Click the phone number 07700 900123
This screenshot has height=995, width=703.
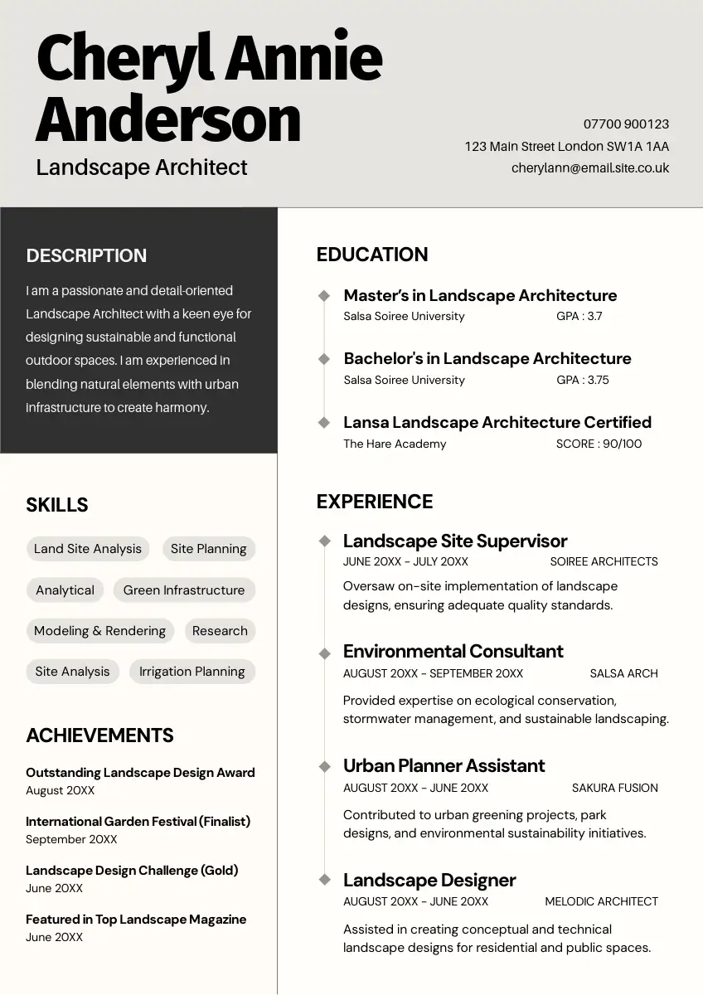[626, 124]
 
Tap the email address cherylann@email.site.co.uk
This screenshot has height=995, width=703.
[589, 168]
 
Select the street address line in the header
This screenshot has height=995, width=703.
[566, 147]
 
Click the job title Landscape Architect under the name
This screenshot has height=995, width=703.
[142, 167]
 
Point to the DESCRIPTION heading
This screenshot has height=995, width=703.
[86, 256]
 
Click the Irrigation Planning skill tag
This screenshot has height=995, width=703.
[192, 672]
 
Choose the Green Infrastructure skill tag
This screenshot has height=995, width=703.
[184, 590]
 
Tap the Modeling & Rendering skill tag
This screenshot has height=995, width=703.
[100, 631]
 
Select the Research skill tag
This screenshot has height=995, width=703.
[220, 631]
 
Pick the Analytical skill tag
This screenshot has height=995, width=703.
[65, 590]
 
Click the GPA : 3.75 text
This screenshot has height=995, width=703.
[582, 380]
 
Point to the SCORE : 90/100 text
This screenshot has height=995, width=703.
[599, 444]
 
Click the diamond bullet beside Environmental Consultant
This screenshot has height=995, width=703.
[325, 653]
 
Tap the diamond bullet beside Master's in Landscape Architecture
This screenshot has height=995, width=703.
[325, 296]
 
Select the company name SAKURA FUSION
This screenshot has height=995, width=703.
[614, 788]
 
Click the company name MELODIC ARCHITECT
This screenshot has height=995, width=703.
[601, 901]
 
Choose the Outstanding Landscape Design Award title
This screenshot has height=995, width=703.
[140, 773]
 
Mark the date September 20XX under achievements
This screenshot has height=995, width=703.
[71, 839]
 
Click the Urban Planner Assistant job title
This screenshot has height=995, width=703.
[444, 765]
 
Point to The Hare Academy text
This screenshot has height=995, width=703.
[395, 444]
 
